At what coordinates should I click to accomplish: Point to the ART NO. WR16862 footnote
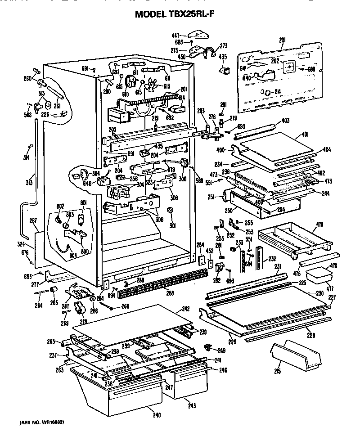tap(41, 423)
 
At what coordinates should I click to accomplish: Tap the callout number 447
tap(175, 35)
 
